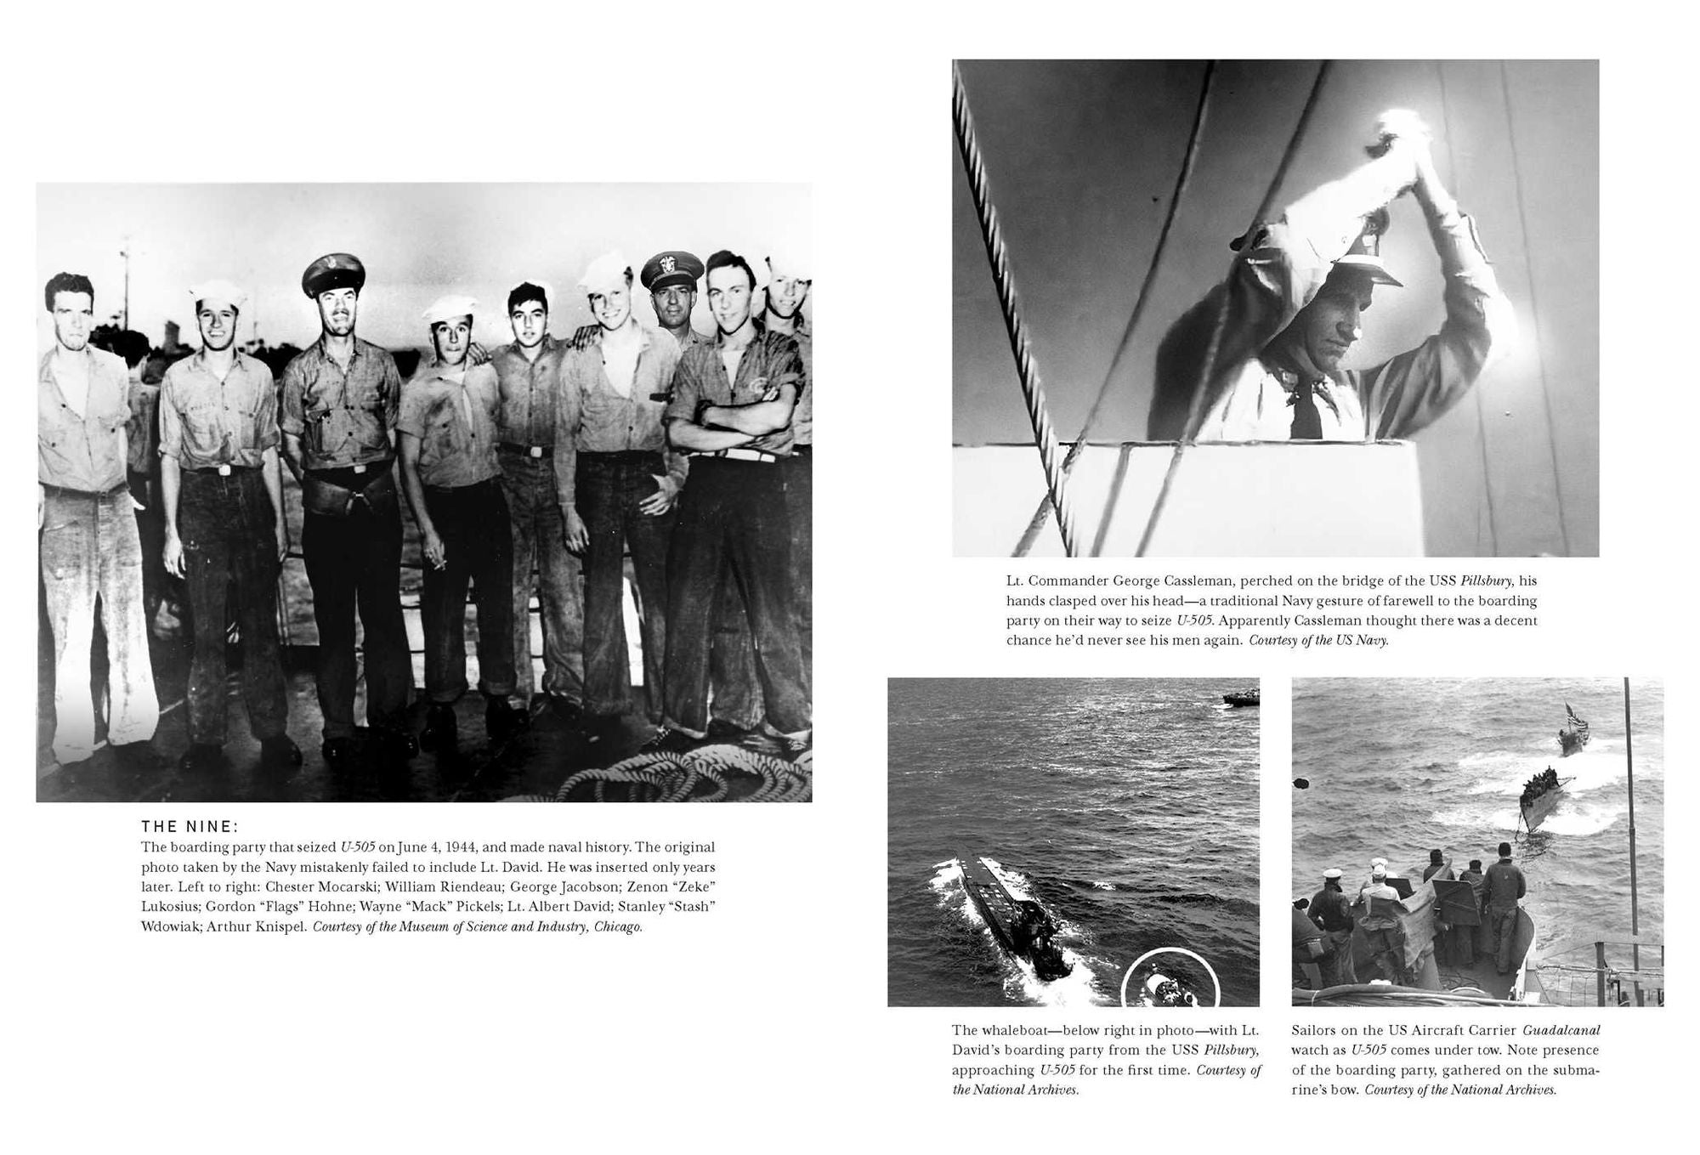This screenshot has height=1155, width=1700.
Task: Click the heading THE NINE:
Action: pyautogui.click(x=190, y=826)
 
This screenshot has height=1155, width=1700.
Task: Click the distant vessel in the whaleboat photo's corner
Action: pyautogui.click(x=1241, y=698)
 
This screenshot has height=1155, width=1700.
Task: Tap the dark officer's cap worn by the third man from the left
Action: pyautogui.click(x=334, y=272)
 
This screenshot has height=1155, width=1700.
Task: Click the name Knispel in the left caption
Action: pyautogui.click(x=280, y=926)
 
